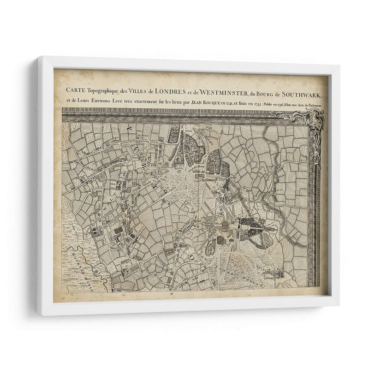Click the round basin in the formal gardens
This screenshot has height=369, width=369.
click(x=225, y=225)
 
